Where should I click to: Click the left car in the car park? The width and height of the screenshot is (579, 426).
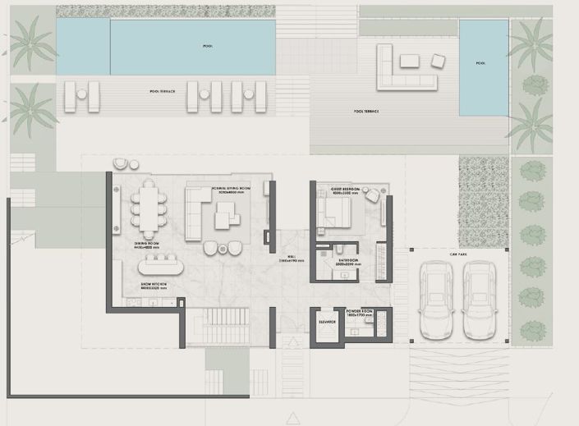coord(435,300)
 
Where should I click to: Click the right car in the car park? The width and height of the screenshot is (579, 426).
coord(479,300)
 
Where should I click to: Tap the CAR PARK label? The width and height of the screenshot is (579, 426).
coord(457,254)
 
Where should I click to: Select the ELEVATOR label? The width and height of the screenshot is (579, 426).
coord(327,322)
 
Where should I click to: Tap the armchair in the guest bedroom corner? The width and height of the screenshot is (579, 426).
coord(372,195)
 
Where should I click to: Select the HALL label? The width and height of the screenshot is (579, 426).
coord(292,256)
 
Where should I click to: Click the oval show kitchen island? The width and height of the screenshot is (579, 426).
coord(161,267)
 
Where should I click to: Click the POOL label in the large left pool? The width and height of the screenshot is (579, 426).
coord(207,47)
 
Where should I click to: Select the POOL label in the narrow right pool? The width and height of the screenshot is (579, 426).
coord(480,63)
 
